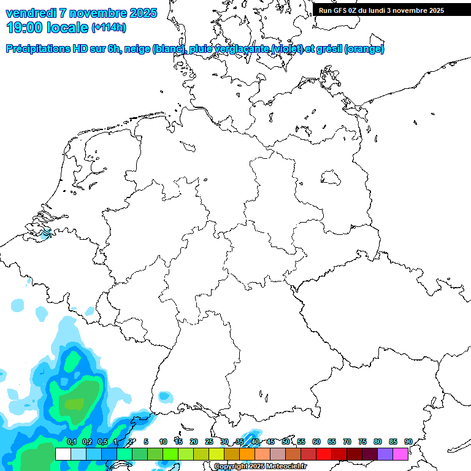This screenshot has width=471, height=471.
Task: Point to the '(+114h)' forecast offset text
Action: click(109, 28)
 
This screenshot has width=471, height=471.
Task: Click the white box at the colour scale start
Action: click(63, 454)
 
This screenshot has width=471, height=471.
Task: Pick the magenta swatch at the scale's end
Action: click(401, 454)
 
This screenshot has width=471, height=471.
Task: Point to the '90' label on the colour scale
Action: click(408, 442)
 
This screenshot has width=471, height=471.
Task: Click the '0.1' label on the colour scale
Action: click(72, 442)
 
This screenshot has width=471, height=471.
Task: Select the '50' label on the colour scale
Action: click(286, 442)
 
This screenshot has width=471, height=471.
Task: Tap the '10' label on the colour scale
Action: click(163, 442)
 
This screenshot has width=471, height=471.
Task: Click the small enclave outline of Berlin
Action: click(332, 178)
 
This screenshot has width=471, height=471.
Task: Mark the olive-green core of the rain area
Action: click(75, 404)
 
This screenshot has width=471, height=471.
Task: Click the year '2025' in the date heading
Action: click(140, 13)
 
